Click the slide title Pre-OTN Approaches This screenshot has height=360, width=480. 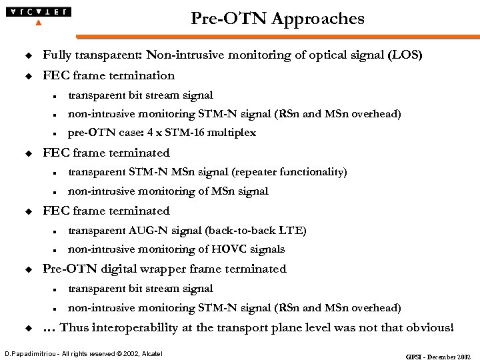tap(277, 19)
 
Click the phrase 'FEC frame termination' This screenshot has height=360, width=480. tap(109, 75)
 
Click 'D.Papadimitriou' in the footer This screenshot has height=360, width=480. tap(29, 352)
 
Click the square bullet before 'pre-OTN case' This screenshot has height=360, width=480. tap(53, 133)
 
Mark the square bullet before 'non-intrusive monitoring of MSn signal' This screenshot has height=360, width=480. tap(53, 192)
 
